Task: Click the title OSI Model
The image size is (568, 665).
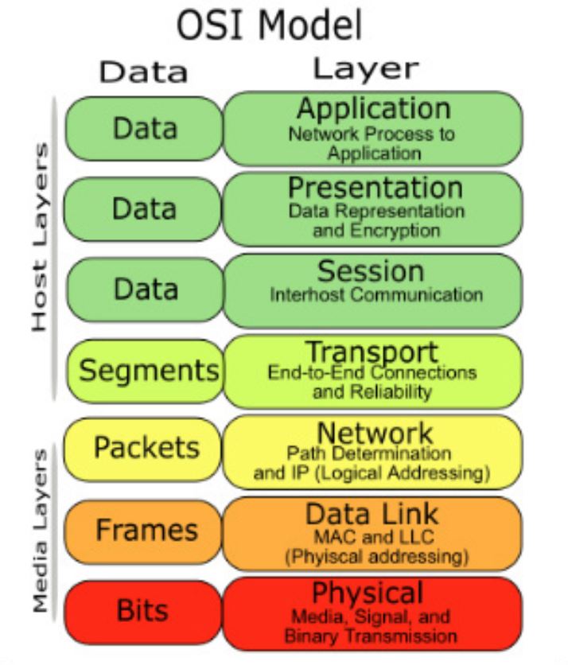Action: tap(269, 25)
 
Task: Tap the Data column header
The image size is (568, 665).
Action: tap(143, 72)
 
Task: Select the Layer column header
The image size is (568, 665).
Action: tap(367, 69)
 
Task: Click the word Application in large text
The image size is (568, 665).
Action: tap(373, 108)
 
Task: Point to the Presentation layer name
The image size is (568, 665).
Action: tap(375, 189)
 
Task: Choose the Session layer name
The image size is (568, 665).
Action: tap(371, 271)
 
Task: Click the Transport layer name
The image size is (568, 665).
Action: tap(372, 351)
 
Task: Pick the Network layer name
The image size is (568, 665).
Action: tap(375, 434)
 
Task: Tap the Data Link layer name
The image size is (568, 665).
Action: tap(372, 514)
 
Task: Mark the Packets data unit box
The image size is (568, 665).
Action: tap(146, 448)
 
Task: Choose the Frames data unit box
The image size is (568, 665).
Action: tap(146, 530)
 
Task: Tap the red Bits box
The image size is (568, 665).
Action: tap(143, 610)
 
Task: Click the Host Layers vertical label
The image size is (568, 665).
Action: tap(41, 239)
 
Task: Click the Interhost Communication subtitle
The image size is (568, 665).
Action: tap(375, 295)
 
